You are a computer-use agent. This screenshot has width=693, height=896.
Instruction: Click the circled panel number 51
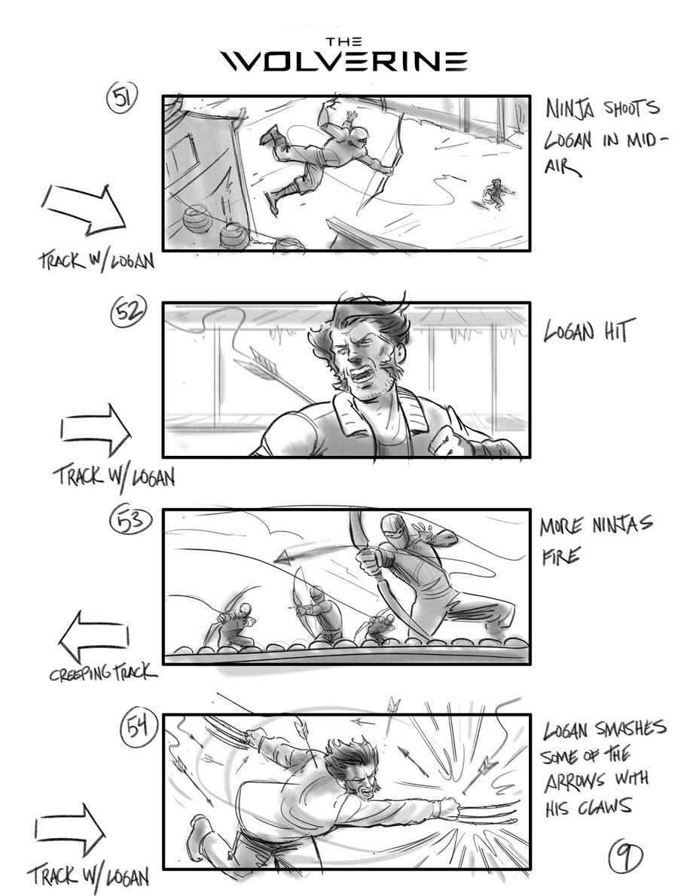[122, 98]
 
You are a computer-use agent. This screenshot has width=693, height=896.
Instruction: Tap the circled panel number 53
[131, 521]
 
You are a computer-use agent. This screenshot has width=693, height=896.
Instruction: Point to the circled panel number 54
[137, 727]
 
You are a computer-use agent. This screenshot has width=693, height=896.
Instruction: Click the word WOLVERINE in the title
[344, 61]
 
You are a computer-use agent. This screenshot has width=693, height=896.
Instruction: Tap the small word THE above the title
[344, 41]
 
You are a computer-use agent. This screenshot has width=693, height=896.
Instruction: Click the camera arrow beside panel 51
[84, 209]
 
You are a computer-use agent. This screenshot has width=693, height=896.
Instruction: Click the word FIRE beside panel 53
[560, 555]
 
